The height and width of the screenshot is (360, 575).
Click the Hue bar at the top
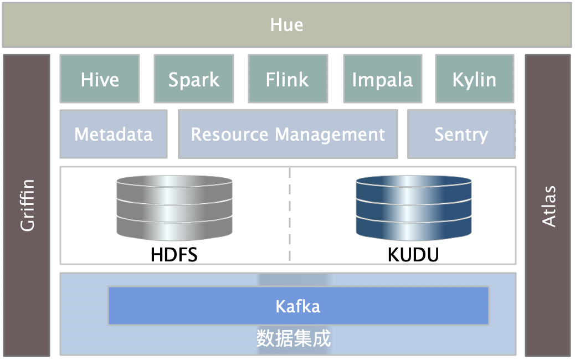(287, 25)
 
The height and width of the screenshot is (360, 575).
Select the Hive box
(100, 79)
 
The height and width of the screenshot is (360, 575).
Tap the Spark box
(194, 79)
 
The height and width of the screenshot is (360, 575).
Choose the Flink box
(288, 79)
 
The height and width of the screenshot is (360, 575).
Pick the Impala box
(382, 79)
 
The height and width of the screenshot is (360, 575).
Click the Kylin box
(475, 79)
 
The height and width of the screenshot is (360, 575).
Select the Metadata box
(114, 134)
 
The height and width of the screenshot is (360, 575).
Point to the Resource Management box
(288, 134)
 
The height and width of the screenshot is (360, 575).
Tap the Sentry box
(461, 134)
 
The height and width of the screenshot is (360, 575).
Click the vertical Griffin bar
(27, 205)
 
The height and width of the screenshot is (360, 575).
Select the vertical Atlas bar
(548, 205)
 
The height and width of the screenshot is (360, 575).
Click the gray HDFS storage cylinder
(174, 208)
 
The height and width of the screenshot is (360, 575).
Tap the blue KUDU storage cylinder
(414, 208)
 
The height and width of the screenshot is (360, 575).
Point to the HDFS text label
(174, 255)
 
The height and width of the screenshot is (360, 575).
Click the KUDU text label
(413, 255)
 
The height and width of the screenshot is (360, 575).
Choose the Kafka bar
(298, 306)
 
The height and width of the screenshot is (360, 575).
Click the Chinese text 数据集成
(294, 338)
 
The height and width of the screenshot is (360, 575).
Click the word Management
(330, 135)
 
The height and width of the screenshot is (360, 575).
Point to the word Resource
(230, 135)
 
